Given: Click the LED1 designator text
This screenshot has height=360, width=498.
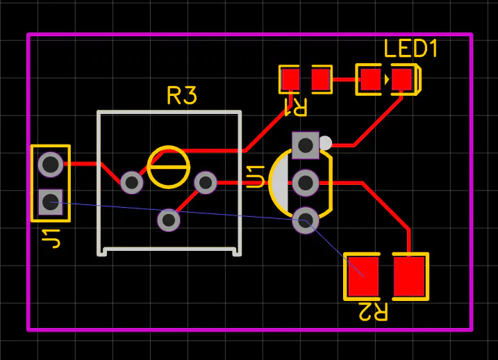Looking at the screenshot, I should tap(411, 49).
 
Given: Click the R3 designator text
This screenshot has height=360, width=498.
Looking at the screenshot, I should tap(182, 95).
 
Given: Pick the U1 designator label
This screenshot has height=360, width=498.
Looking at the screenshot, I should tap(256, 177).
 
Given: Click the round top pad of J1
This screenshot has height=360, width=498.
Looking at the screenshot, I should tap(50, 165).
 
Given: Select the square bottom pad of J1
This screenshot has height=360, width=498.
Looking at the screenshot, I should tap(50, 202).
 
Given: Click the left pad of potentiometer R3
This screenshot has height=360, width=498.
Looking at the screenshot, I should tap(132, 182).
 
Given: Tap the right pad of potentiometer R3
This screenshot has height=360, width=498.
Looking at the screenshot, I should tap(206, 182).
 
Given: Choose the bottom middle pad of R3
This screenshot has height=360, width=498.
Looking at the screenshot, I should tap(169, 220).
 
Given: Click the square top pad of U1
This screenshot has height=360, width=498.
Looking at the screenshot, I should tap(305, 145).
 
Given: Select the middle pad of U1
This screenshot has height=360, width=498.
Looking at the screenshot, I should tap(305, 183).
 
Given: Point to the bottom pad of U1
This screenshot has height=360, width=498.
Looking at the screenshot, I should tap(305, 220).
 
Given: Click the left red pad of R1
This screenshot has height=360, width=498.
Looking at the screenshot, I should tap(290, 79).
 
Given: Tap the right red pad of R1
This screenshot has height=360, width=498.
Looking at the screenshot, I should tap(320, 79).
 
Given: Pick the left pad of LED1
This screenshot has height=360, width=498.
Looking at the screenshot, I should tap(370, 79).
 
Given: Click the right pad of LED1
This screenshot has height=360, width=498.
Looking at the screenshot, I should tap(401, 79).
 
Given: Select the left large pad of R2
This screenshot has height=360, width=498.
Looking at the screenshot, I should tap(362, 276).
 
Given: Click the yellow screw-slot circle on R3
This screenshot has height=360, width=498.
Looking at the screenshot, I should tap(169, 167).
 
